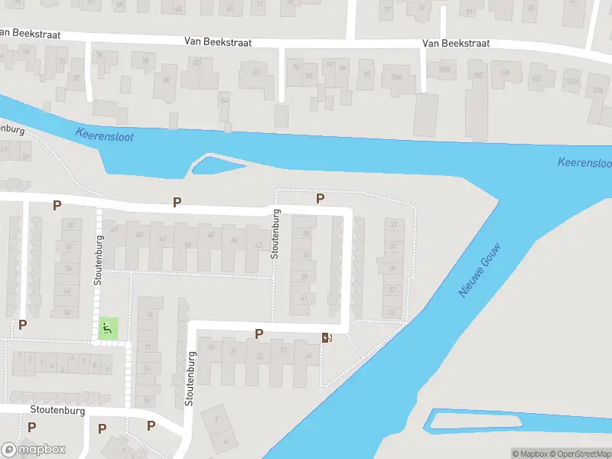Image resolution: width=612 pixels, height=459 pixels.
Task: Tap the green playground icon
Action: pyautogui.click(x=107, y=329)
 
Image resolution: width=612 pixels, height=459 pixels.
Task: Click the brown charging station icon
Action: pyautogui.click(x=327, y=337)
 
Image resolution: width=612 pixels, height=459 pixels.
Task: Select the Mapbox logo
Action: pyautogui.click(x=34, y=449)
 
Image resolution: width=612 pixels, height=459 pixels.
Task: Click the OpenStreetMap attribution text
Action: pyautogui.click(x=578, y=454)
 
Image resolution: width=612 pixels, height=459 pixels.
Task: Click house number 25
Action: pyautogui.click(x=392, y=312)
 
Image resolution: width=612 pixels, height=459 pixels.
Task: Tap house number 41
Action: pyautogui.click(x=304, y=298)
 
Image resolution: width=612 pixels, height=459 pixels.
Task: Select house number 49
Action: pyautogui.click(x=116, y=230)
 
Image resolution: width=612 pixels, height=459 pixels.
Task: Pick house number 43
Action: pyautogui.click(x=259, y=246)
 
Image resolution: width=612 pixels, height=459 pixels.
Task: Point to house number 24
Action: pyautogui.click(x=308, y=355)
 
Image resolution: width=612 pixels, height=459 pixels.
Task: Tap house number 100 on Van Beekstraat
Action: pyautogui.click(x=504, y=73)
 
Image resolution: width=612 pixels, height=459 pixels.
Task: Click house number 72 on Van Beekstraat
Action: pyautogui.click(x=76, y=78)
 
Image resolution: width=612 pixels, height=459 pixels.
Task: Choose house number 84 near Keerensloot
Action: pyautogui.click(x=224, y=100)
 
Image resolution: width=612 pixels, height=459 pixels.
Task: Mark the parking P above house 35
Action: pyautogui.click(x=321, y=198)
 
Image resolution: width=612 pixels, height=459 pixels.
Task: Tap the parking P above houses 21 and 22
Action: pyautogui.click(x=259, y=333)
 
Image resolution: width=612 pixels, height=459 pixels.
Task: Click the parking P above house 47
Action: pyautogui.click(x=177, y=202)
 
